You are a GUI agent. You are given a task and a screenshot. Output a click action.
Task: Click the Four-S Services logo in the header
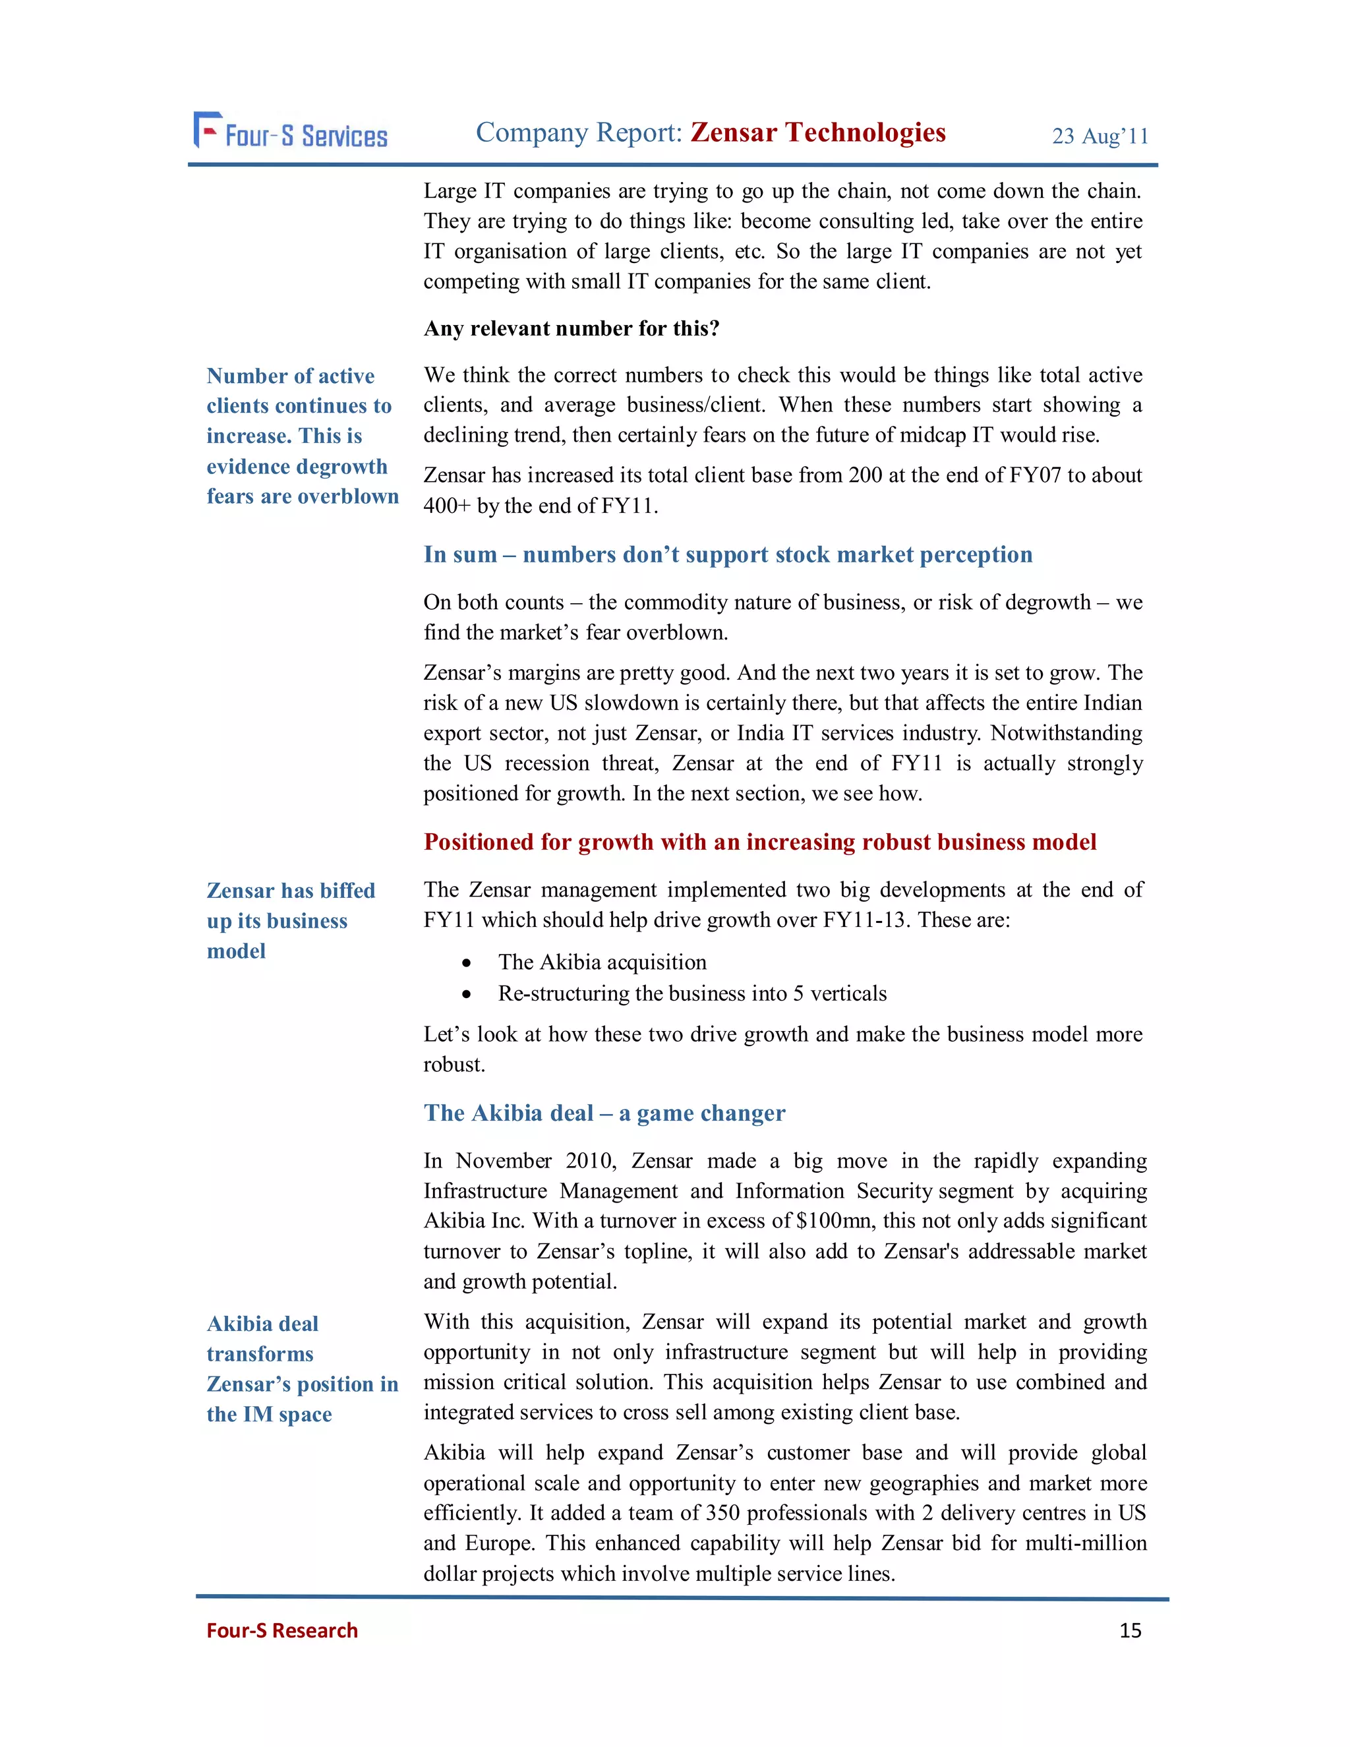click(290, 132)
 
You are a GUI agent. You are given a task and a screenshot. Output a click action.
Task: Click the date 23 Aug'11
click(1100, 136)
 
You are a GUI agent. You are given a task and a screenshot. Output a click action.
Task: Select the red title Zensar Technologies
click(817, 132)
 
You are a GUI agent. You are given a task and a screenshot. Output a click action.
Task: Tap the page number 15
click(1130, 1630)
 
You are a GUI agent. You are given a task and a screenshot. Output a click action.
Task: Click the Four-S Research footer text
click(281, 1630)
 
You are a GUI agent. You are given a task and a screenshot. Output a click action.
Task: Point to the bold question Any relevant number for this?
click(571, 329)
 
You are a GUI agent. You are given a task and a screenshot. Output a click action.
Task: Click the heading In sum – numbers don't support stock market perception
click(728, 554)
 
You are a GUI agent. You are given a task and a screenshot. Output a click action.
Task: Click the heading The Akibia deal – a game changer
click(604, 1113)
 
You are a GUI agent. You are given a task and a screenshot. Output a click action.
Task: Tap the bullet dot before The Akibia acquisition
click(466, 963)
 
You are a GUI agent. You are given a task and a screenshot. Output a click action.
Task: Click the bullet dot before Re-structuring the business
click(466, 994)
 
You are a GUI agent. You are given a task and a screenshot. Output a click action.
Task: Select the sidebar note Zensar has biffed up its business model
click(290, 921)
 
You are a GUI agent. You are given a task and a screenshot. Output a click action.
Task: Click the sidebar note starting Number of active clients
click(301, 436)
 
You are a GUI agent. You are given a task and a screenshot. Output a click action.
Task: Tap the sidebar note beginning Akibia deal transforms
click(301, 1369)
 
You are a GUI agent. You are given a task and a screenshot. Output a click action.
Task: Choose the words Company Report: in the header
click(578, 132)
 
